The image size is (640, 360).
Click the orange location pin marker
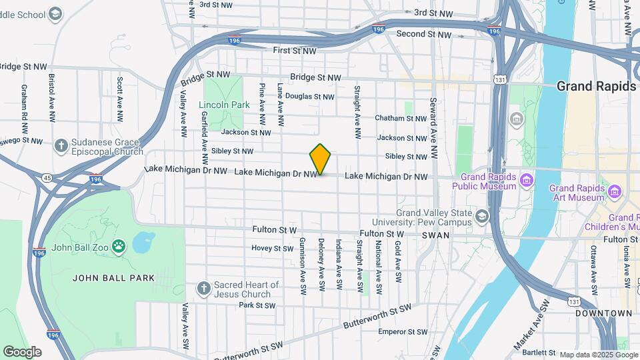pyautogui.click(x=321, y=159)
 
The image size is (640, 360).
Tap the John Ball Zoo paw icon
pyautogui.click(x=119, y=247)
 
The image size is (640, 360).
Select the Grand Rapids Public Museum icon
pyautogui.click(x=527, y=180)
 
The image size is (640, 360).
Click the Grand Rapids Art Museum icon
pyautogui.click(x=614, y=193)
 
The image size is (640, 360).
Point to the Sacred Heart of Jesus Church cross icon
pyautogui.click(x=205, y=289)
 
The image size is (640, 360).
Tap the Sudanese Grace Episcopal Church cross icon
pyautogui.click(x=61, y=146)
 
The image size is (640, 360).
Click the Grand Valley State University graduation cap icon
pyautogui.click(x=482, y=217)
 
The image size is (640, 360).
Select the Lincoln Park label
pyautogui.click(x=224, y=105)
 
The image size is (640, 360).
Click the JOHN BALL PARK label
pyautogui.click(x=113, y=278)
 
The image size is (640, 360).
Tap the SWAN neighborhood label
pyautogui.click(x=435, y=236)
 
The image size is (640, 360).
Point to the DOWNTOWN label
pyautogui.click(x=603, y=313)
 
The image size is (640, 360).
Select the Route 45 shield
pyautogui.click(x=46, y=177)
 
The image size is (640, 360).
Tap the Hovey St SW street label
pyautogui.click(x=272, y=249)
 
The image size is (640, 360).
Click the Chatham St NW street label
pyautogui.click(x=400, y=118)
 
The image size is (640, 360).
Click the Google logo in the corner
pyautogui.click(x=22, y=351)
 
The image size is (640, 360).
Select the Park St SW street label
pyautogui.click(x=257, y=306)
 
